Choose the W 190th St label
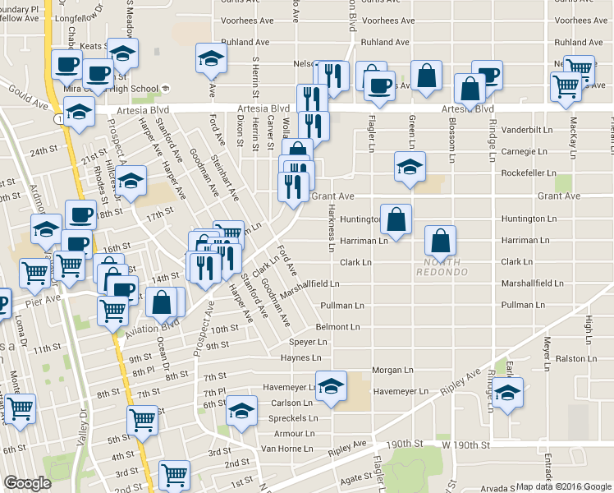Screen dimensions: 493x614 [x=465, y=445]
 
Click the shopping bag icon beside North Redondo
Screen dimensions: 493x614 [x=441, y=242]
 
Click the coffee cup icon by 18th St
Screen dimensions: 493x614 [x=80, y=215]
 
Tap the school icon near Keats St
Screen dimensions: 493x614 [x=122, y=53]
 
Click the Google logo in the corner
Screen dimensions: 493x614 [x=27, y=483]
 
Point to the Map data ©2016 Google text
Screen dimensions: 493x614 [x=563, y=486]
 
